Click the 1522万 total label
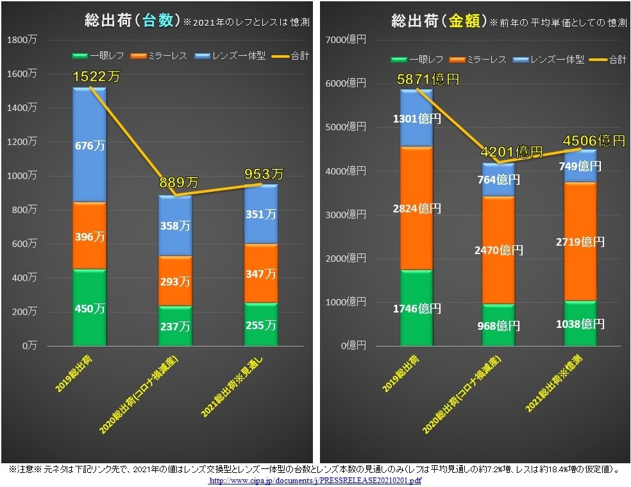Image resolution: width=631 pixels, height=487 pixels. tap(96, 77)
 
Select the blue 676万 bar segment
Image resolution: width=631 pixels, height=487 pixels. tap(89, 146)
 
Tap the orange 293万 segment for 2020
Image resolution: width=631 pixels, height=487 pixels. tap(175, 281)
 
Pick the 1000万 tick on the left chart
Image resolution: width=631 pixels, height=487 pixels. tap(22, 175)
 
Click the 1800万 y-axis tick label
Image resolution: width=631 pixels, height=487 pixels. tap(22, 40)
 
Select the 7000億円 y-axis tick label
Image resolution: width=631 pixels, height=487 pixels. tap(346, 40)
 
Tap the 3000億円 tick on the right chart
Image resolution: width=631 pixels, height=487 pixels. tap(346, 214)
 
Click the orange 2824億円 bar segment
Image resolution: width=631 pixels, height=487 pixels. tap(417, 208)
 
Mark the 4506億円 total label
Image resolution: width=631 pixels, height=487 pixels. tap(593, 141)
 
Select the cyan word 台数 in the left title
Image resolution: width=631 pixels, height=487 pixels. tap(157, 21)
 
